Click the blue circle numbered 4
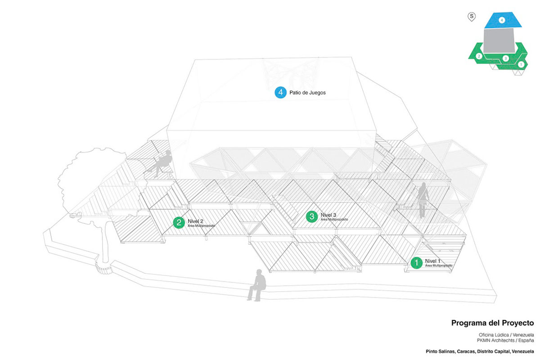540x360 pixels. click(281, 93)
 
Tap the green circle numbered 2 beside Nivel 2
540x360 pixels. click(179, 222)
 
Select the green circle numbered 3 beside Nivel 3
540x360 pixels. click(312, 216)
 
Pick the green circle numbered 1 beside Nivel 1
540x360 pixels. click(417, 262)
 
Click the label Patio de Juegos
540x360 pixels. click(307, 93)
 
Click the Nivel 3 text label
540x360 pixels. click(329, 215)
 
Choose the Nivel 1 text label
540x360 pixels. click(434, 261)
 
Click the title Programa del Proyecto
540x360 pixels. click(492, 323)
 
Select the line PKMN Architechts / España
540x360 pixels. click(506, 341)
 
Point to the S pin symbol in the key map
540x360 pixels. click(472, 17)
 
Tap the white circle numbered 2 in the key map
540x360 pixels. click(479, 56)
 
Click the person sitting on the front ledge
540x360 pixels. click(256, 285)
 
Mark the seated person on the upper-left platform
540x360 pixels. click(162, 163)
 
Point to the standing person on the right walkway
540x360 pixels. click(423, 200)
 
